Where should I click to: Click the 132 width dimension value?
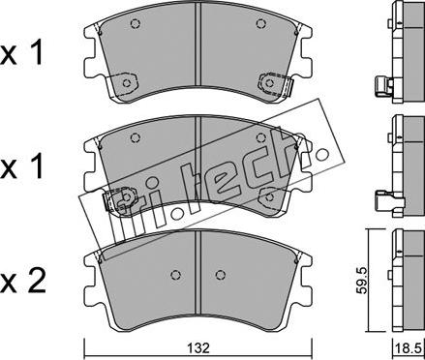click(x=199, y=347)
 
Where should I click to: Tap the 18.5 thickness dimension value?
click(x=409, y=348)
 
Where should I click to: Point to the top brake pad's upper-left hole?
click(x=136, y=23)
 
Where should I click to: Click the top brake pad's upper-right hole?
click(x=260, y=23)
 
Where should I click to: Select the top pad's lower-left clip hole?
click(x=127, y=83)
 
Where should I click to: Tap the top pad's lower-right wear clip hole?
click(x=269, y=83)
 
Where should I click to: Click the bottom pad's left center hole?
click(x=175, y=275)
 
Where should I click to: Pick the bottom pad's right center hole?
click(x=221, y=275)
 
